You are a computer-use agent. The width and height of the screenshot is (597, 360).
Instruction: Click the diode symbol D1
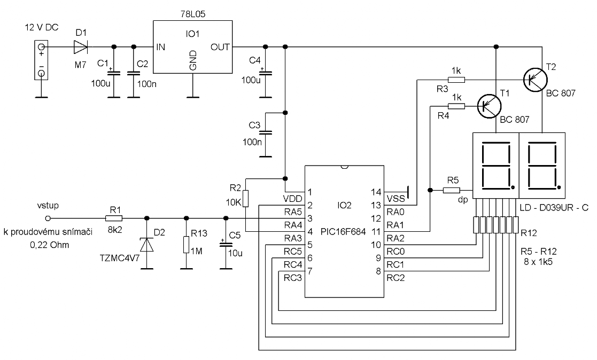click(81, 47)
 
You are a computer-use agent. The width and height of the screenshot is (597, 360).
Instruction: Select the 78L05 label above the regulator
click(193, 14)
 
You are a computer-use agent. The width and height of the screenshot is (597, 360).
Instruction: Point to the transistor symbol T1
click(489, 106)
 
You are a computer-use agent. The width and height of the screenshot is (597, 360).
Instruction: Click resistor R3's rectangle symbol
click(456, 80)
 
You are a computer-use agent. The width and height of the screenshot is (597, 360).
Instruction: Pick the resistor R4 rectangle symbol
click(456, 106)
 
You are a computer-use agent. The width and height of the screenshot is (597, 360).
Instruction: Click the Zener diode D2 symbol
click(147, 244)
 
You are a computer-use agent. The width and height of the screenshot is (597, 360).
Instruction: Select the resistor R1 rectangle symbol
click(114, 218)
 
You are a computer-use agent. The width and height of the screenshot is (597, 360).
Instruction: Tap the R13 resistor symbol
click(186, 245)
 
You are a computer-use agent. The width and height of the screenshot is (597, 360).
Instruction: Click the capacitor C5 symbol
click(226, 244)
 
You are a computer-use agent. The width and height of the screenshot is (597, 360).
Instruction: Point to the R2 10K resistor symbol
click(245, 199)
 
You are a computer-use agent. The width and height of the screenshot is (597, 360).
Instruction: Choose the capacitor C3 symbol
click(266, 132)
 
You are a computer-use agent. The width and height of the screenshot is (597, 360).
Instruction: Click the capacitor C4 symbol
click(266, 72)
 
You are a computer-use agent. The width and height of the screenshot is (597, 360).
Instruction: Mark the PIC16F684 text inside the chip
click(343, 232)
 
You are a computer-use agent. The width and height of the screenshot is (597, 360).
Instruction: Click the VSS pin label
click(396, 199)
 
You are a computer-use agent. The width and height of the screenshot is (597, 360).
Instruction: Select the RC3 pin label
click(293, 278)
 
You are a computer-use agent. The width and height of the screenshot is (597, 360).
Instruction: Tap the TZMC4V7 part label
click(120, 258)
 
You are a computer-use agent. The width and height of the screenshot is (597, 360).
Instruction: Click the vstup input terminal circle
click(48, 218)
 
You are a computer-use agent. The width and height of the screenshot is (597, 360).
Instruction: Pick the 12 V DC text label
click(42, 27)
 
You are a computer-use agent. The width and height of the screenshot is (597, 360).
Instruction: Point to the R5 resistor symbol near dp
click(452, 190)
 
